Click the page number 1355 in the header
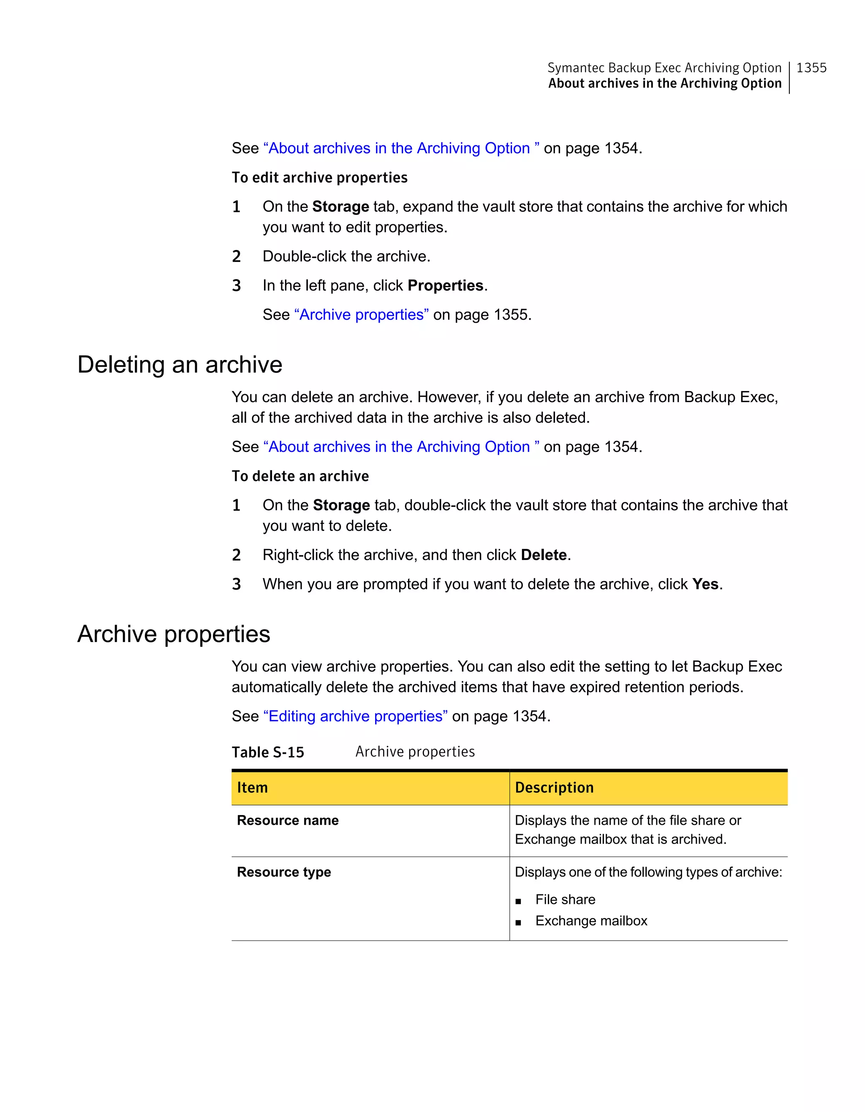(811, 68)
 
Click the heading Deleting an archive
(180, 364)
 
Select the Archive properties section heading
(174, 634)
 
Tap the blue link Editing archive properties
(355, 716)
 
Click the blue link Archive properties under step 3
(362, 315)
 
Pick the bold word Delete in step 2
(544, 555)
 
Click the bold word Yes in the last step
(705, 584)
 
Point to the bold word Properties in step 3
(446, 285)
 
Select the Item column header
(253, 788)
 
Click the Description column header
(554, 788)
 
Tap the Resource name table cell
(288, 820)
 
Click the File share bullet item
(565, 900)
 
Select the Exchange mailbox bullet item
(591, 921)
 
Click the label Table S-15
(268, 752)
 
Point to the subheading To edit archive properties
(320, 178)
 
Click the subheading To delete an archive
(300, 476)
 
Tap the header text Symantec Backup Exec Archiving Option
(664, 68)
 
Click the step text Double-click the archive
(346, 256)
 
